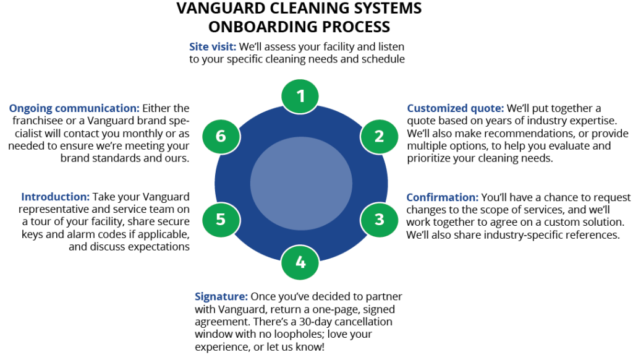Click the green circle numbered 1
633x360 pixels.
tap(300, 96)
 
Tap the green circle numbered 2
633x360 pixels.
tap(380, 136)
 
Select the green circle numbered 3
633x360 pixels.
tap(380, 220)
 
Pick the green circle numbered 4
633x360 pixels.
tap(300, 262)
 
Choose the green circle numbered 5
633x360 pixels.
tap(221, 220)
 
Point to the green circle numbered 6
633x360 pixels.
tap(221, 136)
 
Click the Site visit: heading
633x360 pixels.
tap(213, 46)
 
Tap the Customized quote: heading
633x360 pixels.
tap(456, 108)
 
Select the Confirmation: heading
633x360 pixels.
tap(442, 197)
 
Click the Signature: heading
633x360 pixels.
tap(221, 296)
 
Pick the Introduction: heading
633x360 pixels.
tap(56, 197)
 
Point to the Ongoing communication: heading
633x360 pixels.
tap(74, 108)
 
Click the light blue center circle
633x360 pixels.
tap(301, 183)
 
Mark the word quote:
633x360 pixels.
tap(488, 109)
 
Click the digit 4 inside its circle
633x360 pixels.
tap(300, 262)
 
